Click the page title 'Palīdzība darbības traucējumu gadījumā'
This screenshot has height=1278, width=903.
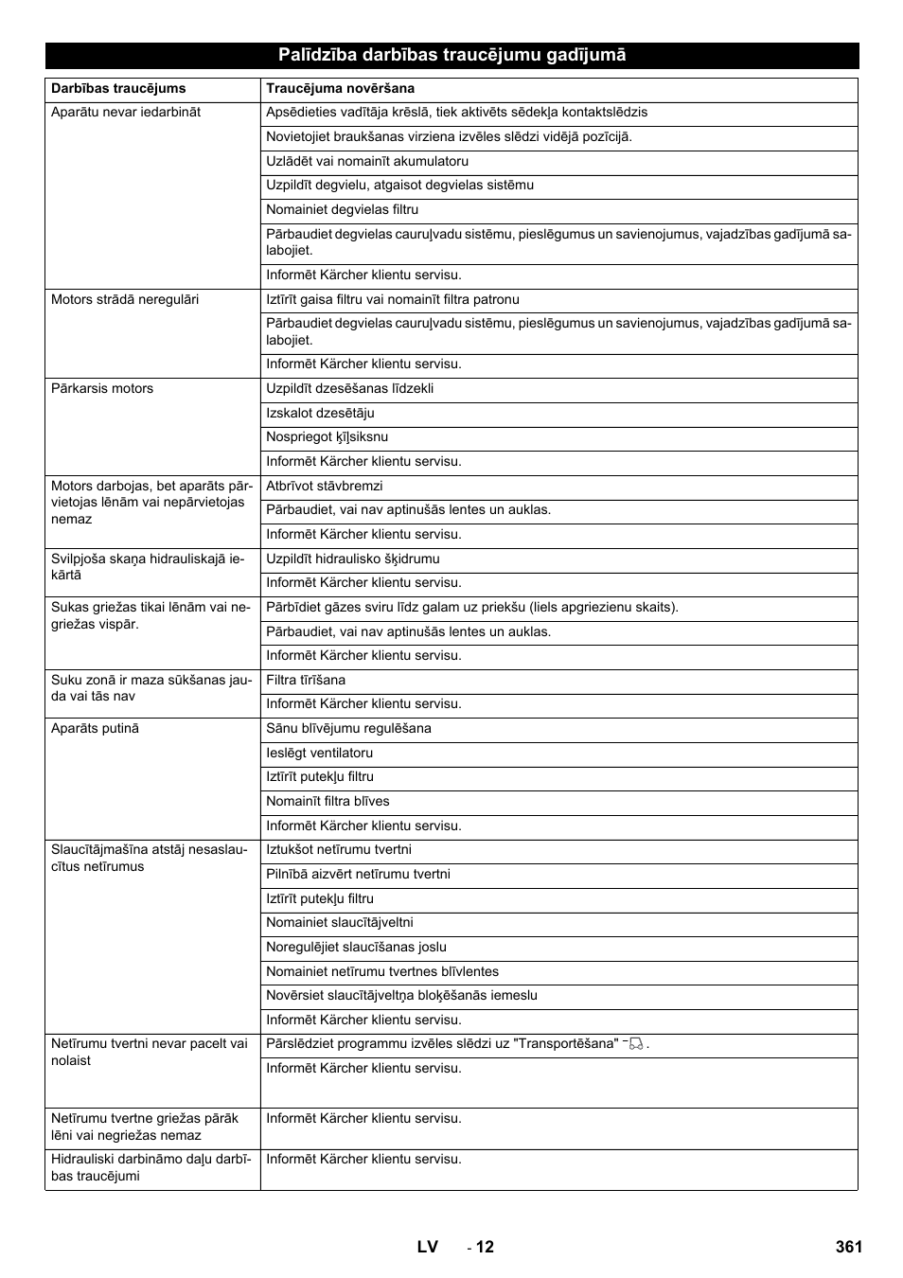click(451, 55)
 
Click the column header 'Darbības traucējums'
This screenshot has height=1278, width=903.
click(118, 89)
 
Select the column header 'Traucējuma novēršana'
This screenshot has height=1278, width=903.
click(340, 89)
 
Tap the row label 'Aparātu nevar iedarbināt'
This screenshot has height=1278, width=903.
click(126, 112)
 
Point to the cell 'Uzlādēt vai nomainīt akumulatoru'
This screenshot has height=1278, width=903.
click(367, 161)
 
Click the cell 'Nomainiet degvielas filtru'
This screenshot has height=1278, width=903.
click(342, 209)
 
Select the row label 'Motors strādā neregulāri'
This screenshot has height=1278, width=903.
click(125, 299)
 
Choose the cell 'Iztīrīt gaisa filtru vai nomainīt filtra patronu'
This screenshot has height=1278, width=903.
click(393, 299)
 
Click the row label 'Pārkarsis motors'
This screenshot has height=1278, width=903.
click(102, 388)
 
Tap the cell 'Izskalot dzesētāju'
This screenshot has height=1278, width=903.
click(320, 413)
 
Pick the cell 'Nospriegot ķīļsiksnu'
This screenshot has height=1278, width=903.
click(327, 437)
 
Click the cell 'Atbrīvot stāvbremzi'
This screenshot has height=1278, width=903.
click(325, 486)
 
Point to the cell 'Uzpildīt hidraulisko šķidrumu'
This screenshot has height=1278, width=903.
click(353, 559)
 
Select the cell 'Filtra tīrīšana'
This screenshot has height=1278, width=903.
click(306, 680)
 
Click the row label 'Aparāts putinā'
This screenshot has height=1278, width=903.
click(95, 728)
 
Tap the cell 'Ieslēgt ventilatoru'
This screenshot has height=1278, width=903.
click(319, 753)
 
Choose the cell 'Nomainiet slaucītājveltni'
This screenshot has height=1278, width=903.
click(340, 922)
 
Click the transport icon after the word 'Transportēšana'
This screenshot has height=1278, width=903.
click(635, 1044)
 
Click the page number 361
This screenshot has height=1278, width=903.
click(849, 1247)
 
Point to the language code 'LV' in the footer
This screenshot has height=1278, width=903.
click(427, 1247)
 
